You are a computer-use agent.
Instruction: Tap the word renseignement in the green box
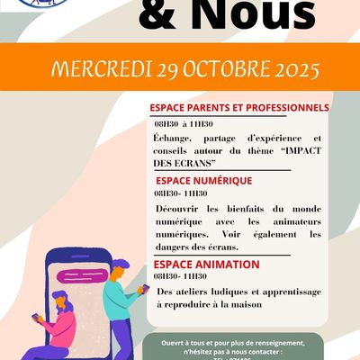270,343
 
